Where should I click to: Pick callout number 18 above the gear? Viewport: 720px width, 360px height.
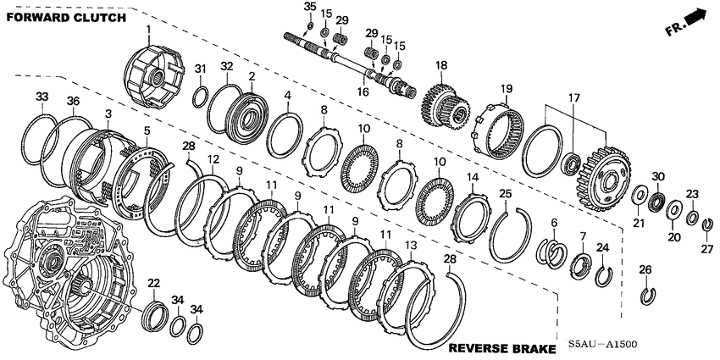(x=440, y=65)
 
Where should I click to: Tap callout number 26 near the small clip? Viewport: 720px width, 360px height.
(x=645, y=270)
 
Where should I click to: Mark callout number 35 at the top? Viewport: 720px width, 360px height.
(x=310, y=7)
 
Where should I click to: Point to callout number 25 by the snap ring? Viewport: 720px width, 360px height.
(x=505, y=195)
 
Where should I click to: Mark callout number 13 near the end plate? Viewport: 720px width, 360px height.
(x=410, y=245)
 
